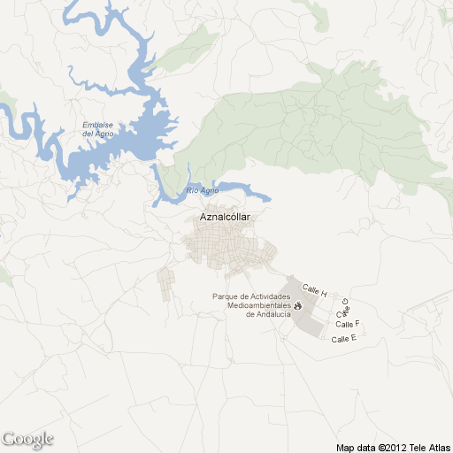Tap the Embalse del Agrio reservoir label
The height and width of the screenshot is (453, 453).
point(97,129)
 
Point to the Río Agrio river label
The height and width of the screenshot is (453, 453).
point(203,190)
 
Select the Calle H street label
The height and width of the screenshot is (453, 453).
point(315,290)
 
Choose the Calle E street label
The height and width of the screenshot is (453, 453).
point(343,339)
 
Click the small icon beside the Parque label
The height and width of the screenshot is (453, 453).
point(297,305)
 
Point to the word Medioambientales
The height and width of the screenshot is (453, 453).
point(259,305)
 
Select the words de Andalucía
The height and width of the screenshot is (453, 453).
point(268,314)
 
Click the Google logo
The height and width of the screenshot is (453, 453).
point(27,439)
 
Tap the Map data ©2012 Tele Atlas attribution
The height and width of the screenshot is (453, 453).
point(394,446)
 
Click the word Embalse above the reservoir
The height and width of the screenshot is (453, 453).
point(97,125)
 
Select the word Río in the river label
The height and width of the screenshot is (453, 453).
point(192,190)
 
